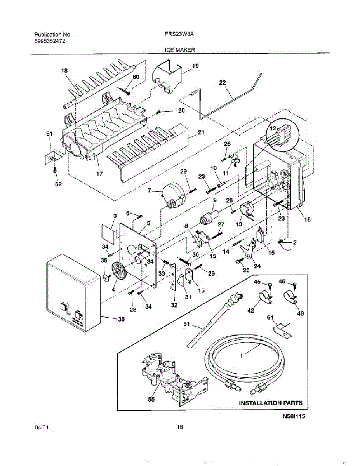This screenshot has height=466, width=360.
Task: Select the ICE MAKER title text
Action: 180,50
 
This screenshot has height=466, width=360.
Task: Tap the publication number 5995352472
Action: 50,40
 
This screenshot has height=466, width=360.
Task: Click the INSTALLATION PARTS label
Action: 270,403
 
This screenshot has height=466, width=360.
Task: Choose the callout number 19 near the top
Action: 195,66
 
